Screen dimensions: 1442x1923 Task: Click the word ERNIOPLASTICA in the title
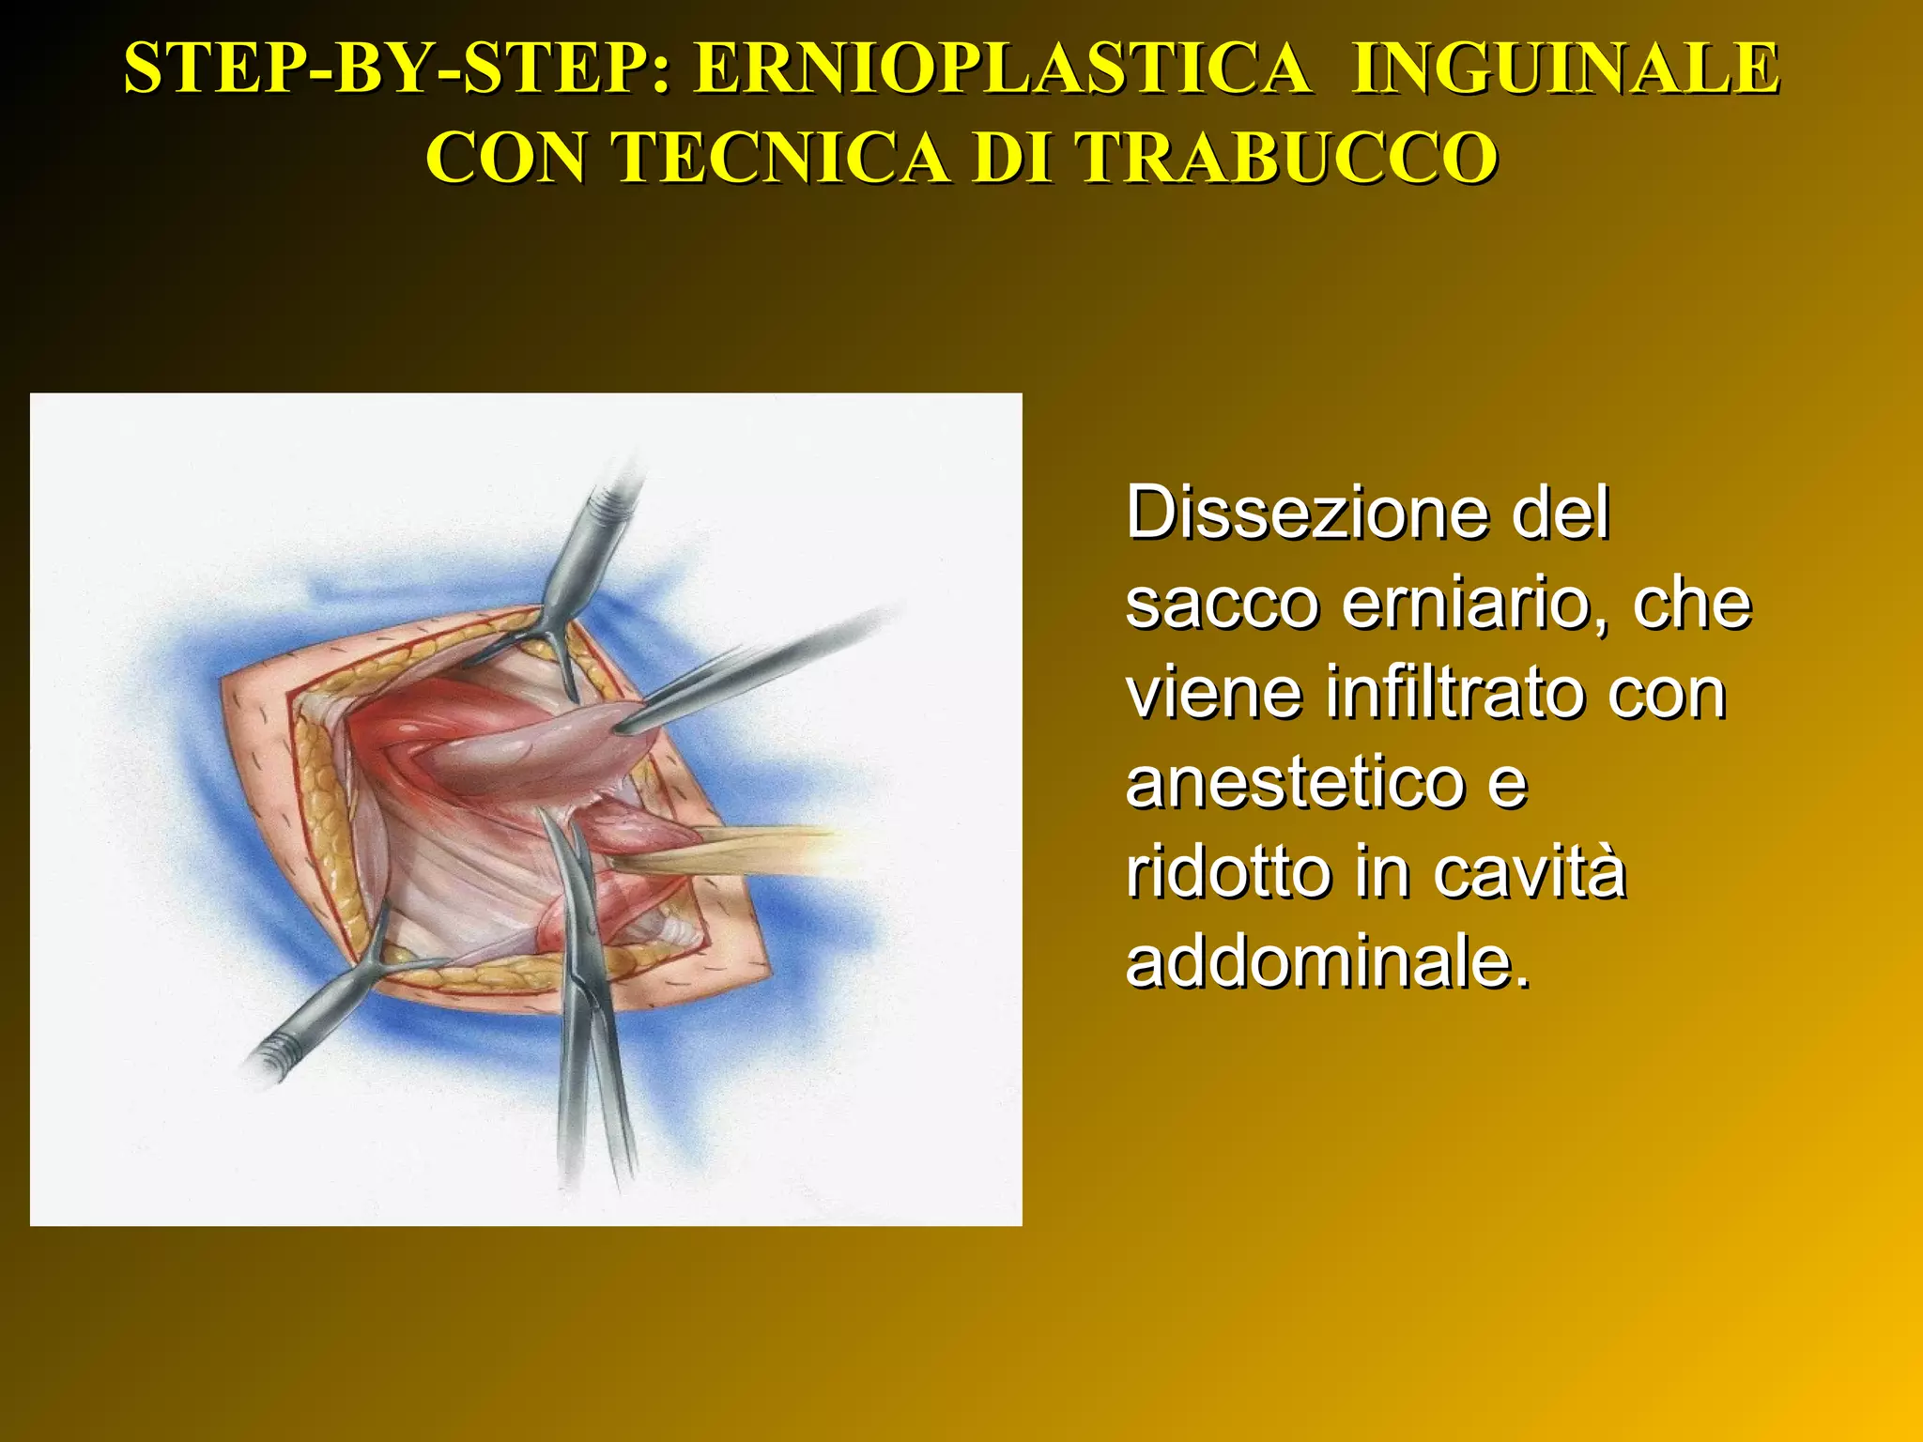point(1002,69)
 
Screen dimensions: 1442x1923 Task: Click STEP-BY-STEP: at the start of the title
point(398,69)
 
